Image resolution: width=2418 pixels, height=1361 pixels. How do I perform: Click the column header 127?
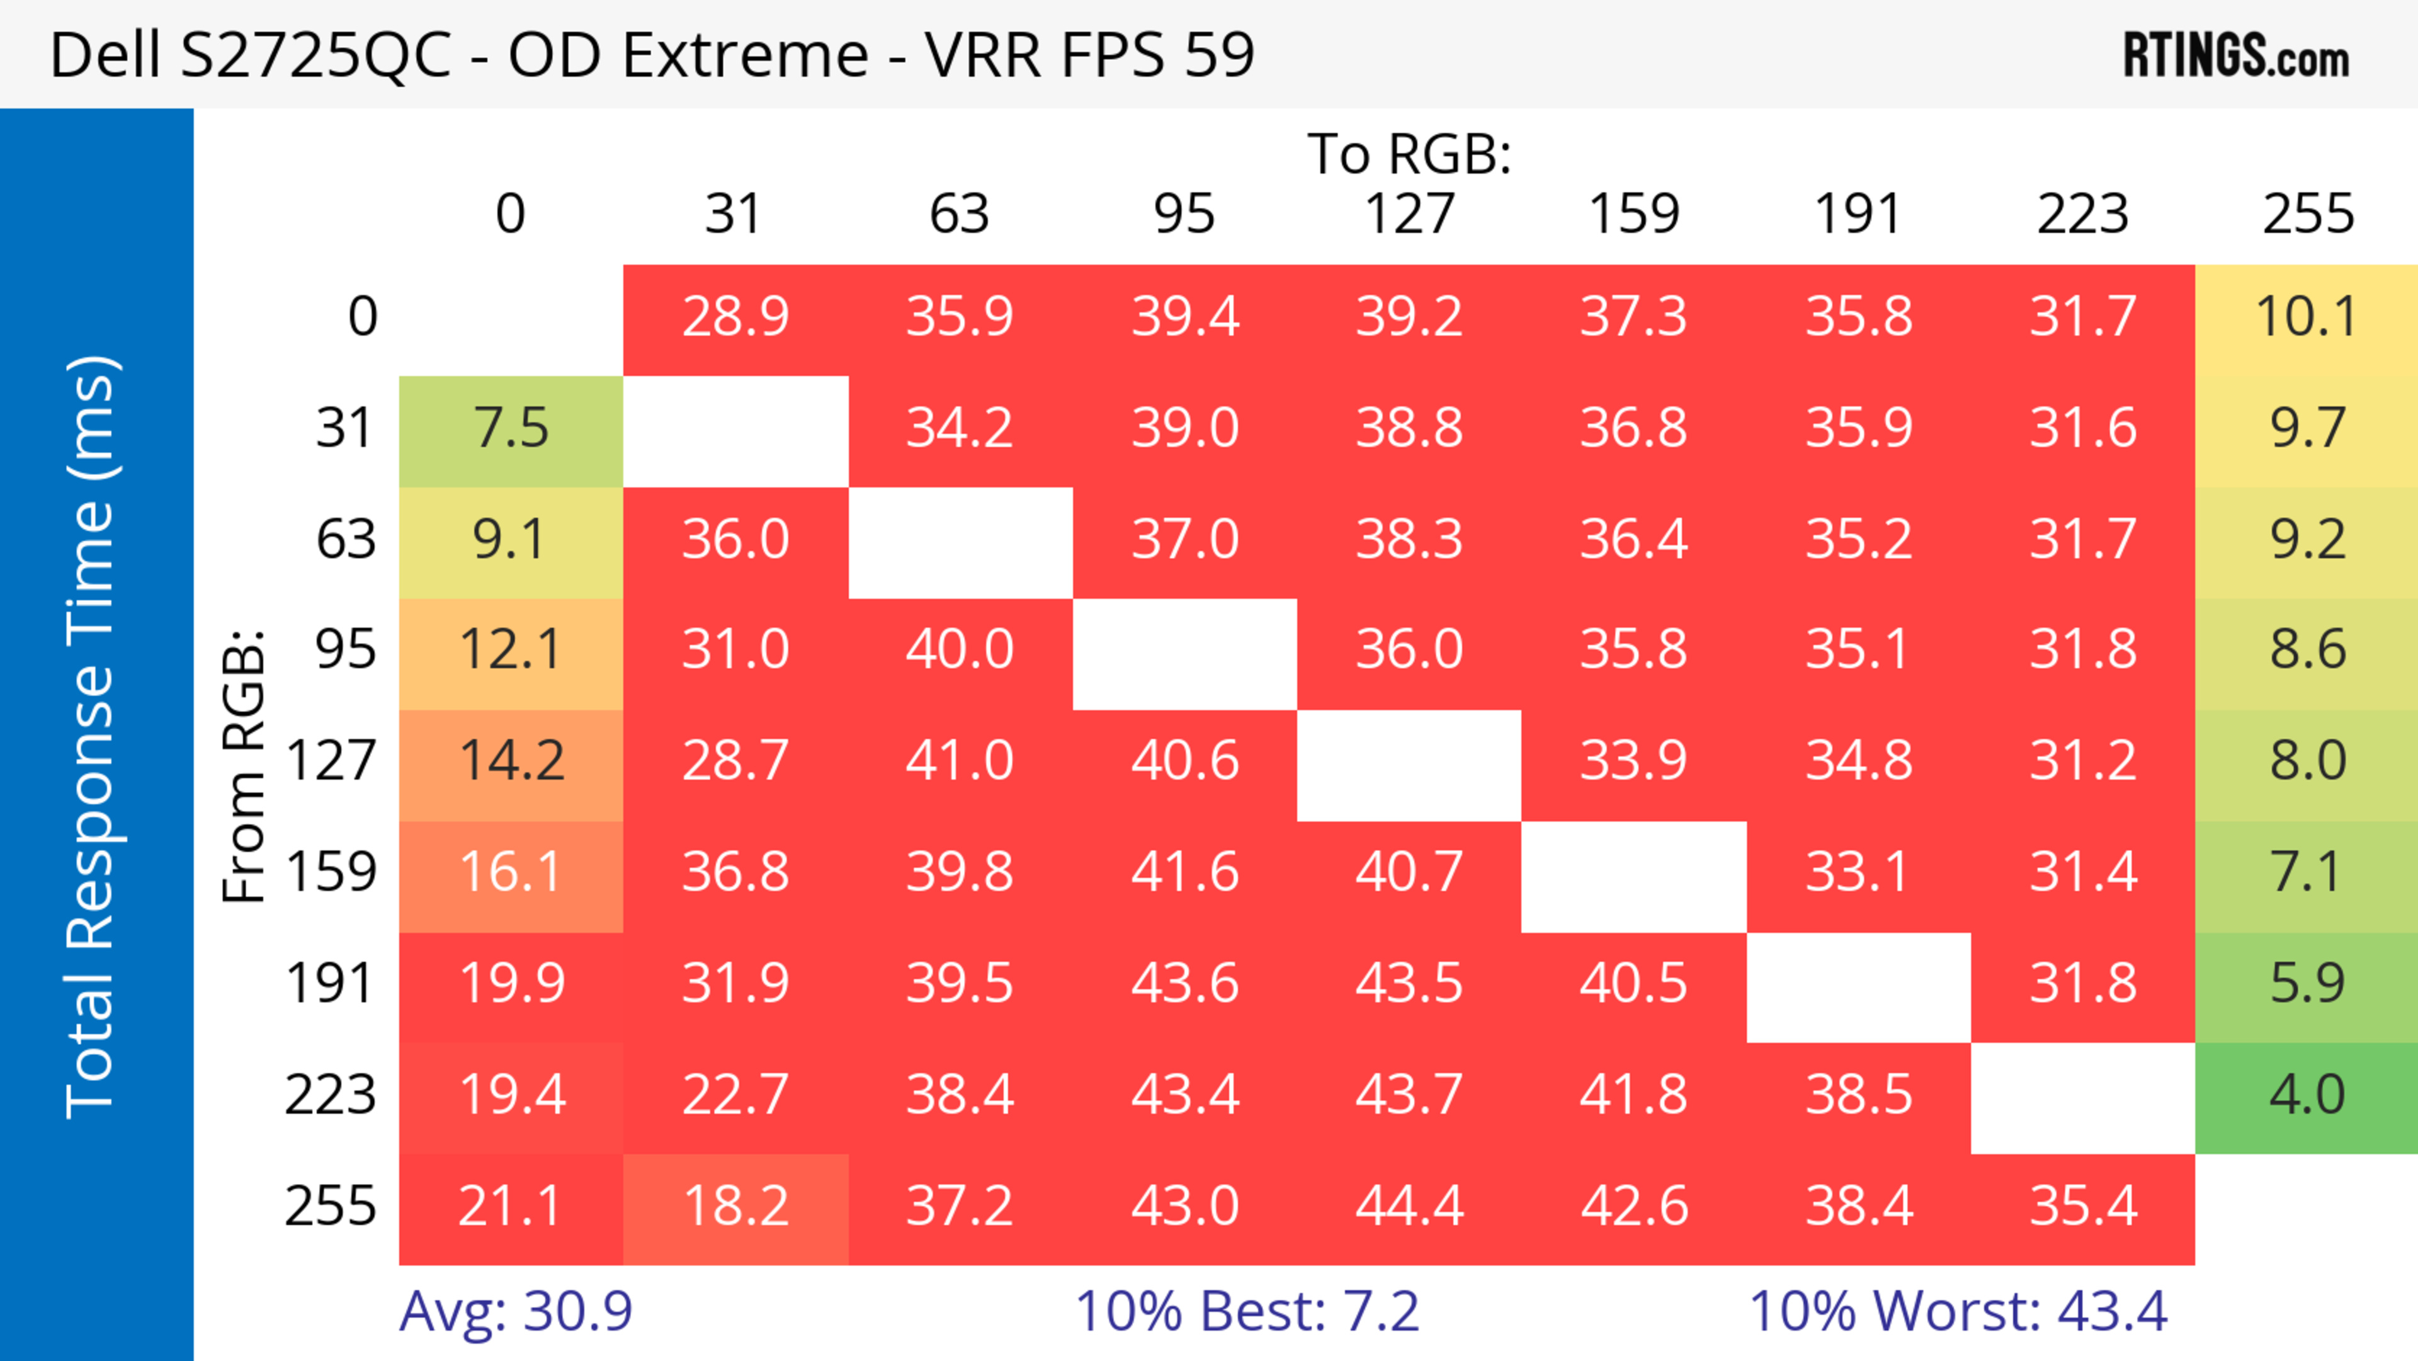click(x=1409, y=214)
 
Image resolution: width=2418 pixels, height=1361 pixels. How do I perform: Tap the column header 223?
click(x=2083, y=214)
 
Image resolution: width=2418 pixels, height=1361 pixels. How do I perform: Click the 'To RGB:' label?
click(x=1409, y=154)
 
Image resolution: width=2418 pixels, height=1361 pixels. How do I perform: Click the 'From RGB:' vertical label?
click(x=243, y=766)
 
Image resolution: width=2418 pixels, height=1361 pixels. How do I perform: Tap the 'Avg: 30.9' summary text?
click(x=515, y=1311)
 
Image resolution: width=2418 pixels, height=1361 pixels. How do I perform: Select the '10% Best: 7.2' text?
click(x=1247, y=1311)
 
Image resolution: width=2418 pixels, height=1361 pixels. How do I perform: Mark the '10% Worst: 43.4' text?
click(x=1958, y=1311)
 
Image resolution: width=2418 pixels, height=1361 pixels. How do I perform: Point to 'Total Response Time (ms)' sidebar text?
click(x=91, y=737)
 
